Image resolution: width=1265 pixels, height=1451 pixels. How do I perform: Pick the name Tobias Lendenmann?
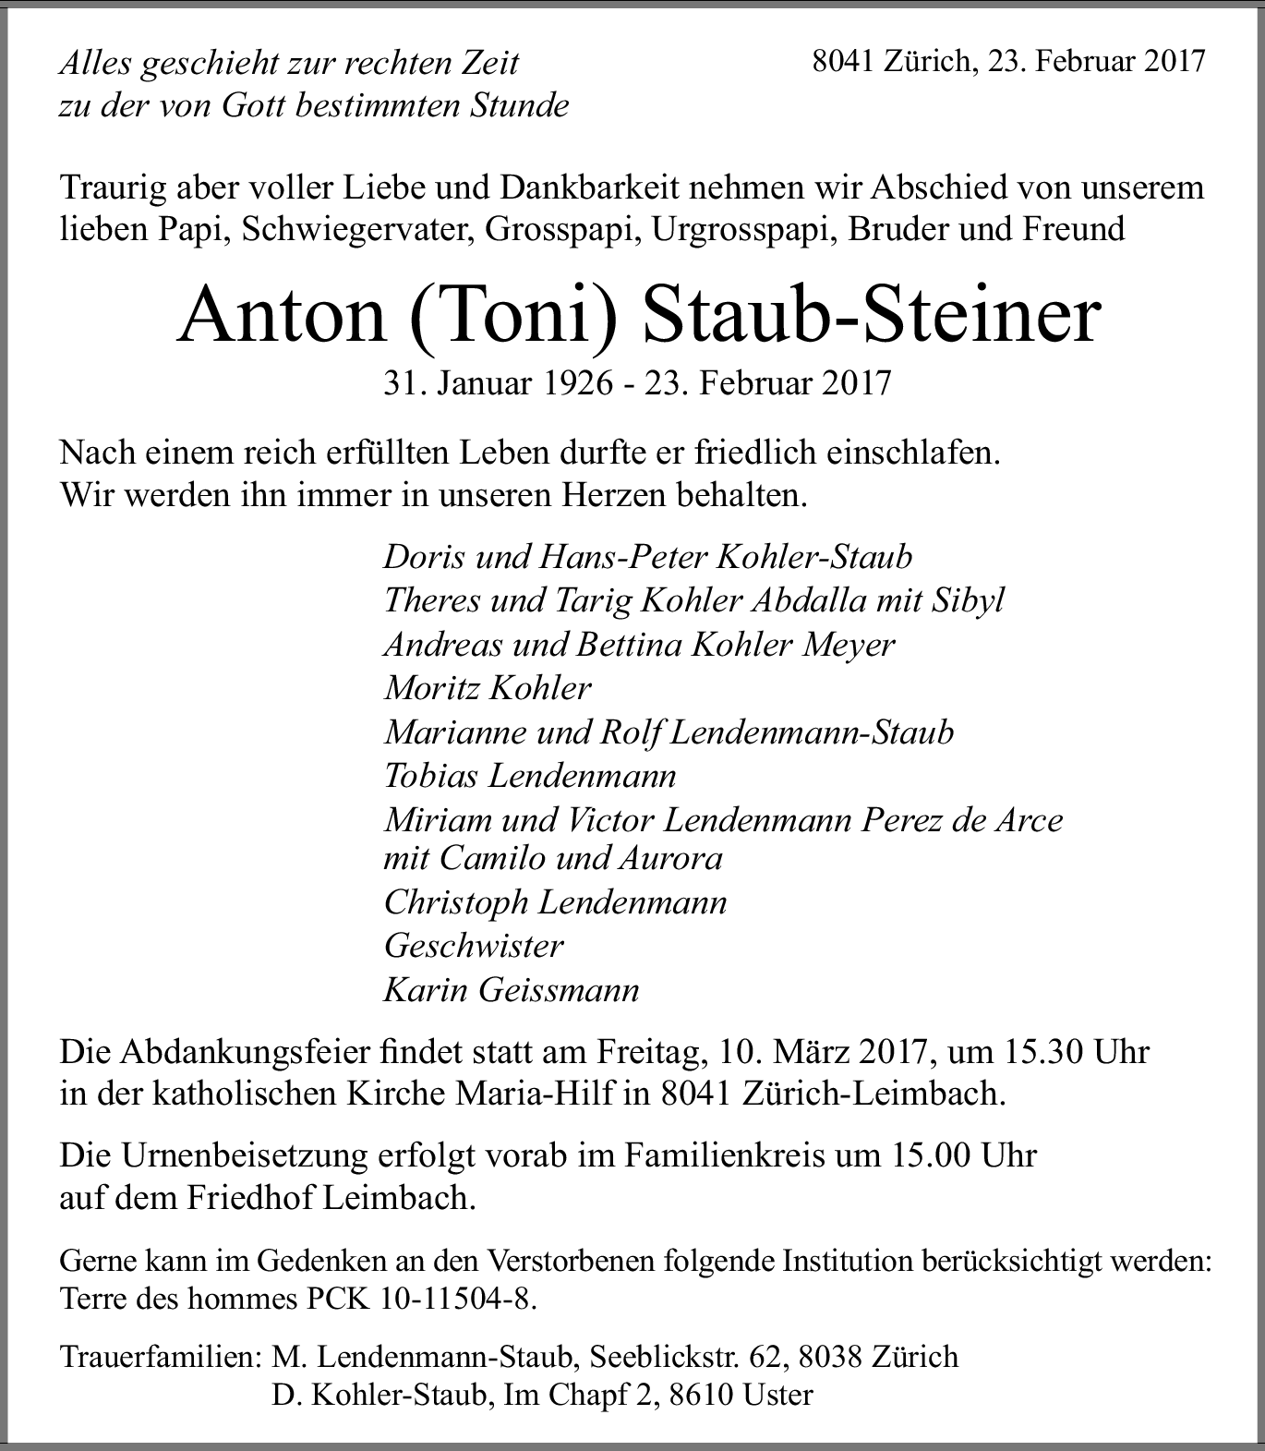(530, 775)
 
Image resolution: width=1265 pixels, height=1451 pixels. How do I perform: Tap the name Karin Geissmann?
(512, 990)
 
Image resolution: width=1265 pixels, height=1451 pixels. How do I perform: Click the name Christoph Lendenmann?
(555, 901)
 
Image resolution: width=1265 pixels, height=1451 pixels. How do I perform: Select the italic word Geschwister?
(474, 946)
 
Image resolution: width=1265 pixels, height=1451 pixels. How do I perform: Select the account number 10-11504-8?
(456, 1299)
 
